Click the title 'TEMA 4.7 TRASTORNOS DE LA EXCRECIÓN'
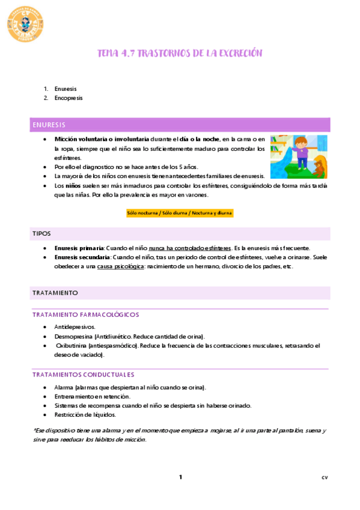pos(180,54)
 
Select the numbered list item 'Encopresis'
pos(68,97)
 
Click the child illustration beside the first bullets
pos(298,156)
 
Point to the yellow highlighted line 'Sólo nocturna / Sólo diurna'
pos(179,213)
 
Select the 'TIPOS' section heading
pos(41,233)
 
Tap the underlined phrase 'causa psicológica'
pos(121,266)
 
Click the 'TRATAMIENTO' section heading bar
pos(55,292)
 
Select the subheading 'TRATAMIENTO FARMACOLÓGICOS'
pos(85,315)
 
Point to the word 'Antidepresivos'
pos(75,327)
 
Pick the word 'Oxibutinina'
pos(72,346)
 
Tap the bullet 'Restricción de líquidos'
pos(85,414)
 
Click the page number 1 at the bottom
pos(180,478)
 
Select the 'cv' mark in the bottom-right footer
pos(325,478)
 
